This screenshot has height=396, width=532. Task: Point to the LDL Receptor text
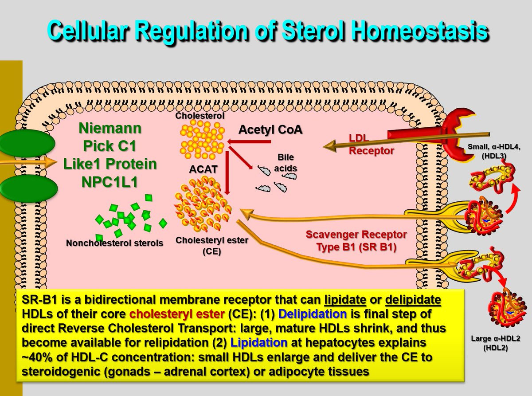pyautogui.click(x=371, y=145)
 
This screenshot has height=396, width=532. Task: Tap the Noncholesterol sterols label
pyautogui.click(x=114, y=243)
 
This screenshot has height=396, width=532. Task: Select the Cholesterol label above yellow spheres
pyautogui.click(x=199, y=116)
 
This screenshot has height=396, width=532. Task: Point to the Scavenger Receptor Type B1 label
pyautogui.click(x=356, y=240)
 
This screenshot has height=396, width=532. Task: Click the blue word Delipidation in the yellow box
pyautogui.click(x=312, y=314)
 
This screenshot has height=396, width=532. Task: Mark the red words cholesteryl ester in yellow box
pyautogui.click(x=176, y=314)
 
